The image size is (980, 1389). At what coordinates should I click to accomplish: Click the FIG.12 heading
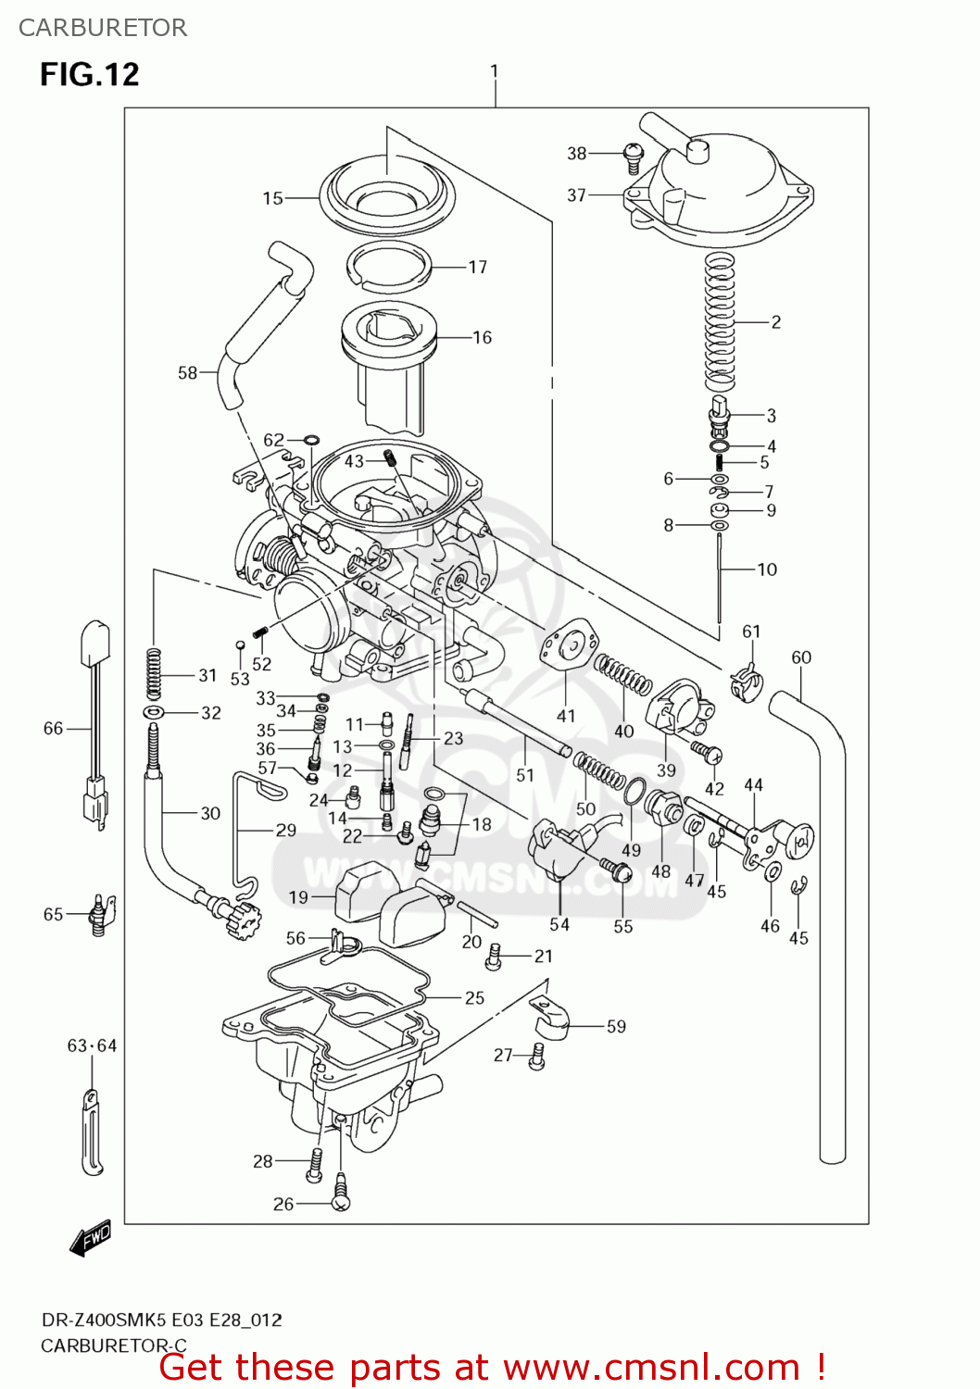click(90, 75)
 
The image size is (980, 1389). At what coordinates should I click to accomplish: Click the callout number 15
click(272, 198)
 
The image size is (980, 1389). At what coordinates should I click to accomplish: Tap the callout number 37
click(576, 195)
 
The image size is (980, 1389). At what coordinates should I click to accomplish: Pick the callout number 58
click(187, 373)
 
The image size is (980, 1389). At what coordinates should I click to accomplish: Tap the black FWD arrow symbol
click(91, 1237)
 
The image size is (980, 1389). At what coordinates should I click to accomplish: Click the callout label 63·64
click(92, 1045)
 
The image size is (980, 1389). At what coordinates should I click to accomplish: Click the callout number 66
click(53, 729)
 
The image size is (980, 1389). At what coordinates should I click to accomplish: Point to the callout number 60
click(801, 657)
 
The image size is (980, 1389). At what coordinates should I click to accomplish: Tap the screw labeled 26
click(341, 1201)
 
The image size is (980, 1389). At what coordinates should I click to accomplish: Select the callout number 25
click(474, 998)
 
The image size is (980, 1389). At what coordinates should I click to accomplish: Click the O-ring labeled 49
click(634, 792)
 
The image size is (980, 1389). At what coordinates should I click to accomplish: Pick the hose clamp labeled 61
click(746, 684)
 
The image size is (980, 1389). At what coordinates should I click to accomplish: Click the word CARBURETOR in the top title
click(103, 28)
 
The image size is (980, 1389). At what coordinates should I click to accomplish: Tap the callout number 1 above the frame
click(495, 71)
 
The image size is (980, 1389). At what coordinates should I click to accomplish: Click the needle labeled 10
click(719, 588)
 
